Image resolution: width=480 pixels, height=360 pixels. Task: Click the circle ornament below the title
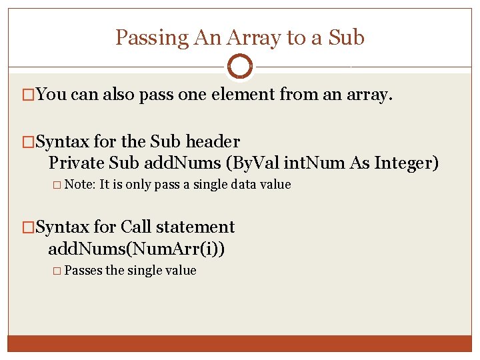tap(239, 66)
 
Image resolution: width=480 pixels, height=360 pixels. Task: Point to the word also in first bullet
tap(119, 95)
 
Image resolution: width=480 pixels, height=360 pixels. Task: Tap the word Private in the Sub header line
tap(77, 162)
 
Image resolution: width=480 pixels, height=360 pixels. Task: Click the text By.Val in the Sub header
tap(249, 162)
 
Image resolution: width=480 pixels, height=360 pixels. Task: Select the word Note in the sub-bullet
tap(80, 185)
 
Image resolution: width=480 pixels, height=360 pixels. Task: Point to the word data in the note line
tap(244, 185)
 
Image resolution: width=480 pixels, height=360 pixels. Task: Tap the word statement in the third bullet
tap(198, 227)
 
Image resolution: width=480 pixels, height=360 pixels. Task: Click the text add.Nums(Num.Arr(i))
tap(136, 249)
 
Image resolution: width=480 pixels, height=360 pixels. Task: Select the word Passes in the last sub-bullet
tap(83, 271)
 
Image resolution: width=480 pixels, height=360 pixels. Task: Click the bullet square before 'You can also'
tap(29, 95)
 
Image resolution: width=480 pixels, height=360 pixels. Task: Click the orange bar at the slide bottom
tap(239, 343)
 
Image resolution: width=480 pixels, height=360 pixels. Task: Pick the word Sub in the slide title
tap(347, 37)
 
